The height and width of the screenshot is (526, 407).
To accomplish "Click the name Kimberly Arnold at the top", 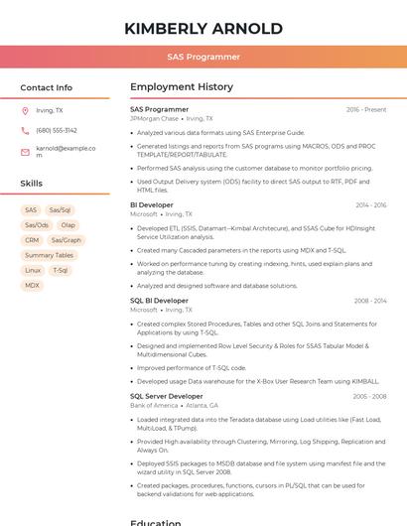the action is pyautogui.click(x=203, y=29).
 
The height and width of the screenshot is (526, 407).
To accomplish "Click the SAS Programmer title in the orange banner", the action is pyautogui.click(x=203, y=58).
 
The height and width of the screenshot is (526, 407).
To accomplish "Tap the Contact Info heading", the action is pyautogui.click(x=46, y=87).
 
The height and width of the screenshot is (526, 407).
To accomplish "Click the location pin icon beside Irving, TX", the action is pyautogui.click(x=25, y=111).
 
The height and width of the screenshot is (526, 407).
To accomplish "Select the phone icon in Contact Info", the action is pyautogui.click(x=25, y=131).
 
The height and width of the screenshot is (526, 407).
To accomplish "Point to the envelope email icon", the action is pyautogui.click(x=25, y=152).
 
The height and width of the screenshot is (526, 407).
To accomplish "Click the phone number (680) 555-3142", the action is pyautogui.click(x=57, y=131).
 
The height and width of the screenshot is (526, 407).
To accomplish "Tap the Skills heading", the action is pyautogui.click(x=32, y=184).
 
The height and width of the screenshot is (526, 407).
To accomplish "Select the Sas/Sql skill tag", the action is pyautogui.click(x=60, y=210).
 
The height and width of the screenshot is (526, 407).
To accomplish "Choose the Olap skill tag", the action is pyautogui.click(x=68, y=225).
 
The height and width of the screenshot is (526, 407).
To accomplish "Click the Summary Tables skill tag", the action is pyautogui.click(x=49, y=255).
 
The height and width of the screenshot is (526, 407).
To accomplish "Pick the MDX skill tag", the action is pyautogui.click(x=33, y=285).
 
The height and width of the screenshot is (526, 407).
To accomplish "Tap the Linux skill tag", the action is pyautogui.click(x=33, y=270).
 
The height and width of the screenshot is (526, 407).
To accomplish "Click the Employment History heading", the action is pyautogui.click(x=181, y=87).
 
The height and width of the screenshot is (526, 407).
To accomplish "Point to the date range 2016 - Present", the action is pyautogui.click(x=366, y=110).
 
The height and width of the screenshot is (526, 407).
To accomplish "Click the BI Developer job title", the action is pyautogui.click(x=152, y=205).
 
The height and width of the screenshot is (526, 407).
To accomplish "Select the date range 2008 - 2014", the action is pyautogui.click(x=370, y=301).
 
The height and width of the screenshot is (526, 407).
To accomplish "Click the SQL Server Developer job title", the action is pyautogui.click(x=166, y=396).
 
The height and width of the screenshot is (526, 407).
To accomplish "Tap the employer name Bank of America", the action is pyautogui.click(x=154, y=406).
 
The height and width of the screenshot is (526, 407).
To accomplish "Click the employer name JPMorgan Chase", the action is pyautogui.click(x=154, y=119).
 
